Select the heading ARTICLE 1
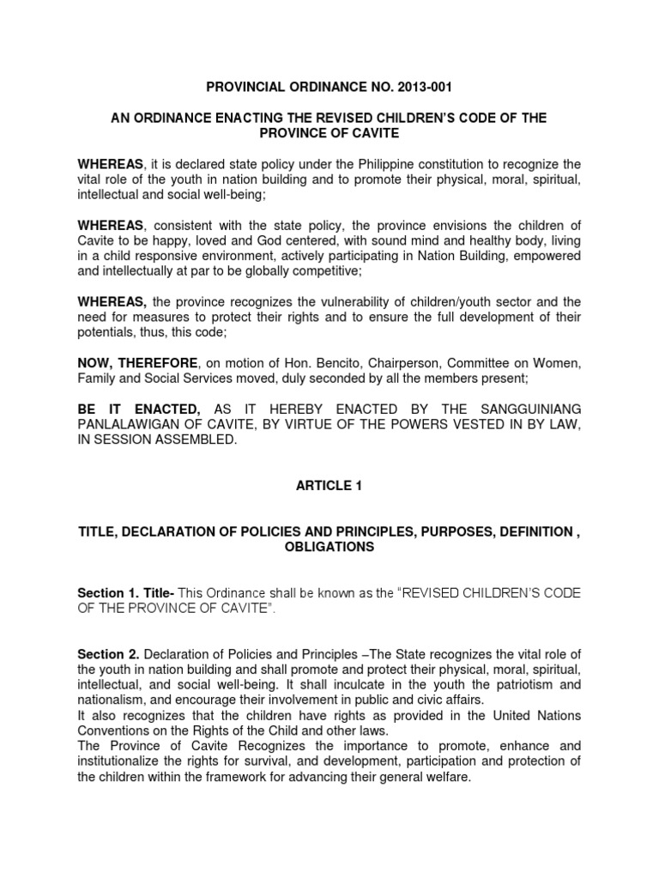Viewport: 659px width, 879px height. pyautogui.click(x=329, y=486)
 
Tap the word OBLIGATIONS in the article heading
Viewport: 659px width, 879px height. pyautogui.click(x=329, y=548)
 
